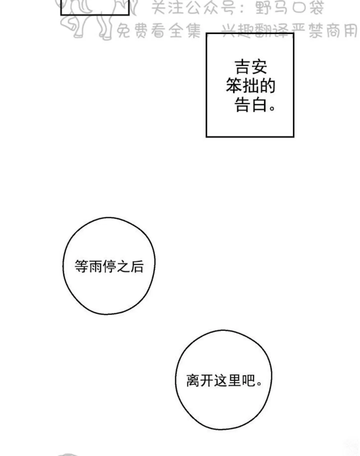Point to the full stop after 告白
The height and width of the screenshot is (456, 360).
272,108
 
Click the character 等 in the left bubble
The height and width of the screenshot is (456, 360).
81,266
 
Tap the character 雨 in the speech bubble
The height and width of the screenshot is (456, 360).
95,266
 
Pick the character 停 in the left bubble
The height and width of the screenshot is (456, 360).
109,266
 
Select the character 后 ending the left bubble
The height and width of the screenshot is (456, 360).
137,266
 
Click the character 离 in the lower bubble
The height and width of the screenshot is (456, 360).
193,381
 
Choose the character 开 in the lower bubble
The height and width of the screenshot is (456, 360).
207,381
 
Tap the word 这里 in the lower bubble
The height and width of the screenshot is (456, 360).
228,381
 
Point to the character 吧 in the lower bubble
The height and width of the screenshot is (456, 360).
249,381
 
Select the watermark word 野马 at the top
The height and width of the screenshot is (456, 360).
271,8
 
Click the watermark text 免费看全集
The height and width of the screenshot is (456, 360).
159,31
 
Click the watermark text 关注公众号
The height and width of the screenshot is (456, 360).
194,8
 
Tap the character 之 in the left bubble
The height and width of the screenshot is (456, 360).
123,266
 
